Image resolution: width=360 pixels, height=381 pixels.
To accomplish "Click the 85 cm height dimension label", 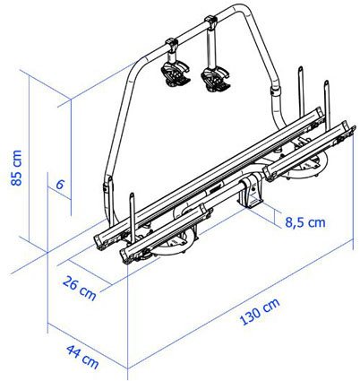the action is pyautogui.click(x=16, y=168).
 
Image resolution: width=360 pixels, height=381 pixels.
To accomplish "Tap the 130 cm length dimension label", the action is pyautogui.click(x=260, y=311).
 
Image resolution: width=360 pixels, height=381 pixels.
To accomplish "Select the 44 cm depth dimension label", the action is pyautogui.click(x=82, y=357).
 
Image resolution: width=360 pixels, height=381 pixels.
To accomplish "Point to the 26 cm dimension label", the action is pyautogui.click(x=80, y=289).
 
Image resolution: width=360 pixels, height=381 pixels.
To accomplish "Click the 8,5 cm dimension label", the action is pyautogui.click(x=305, y=222).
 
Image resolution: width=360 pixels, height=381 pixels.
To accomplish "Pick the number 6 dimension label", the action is pyautogui.click(x=60, y=185).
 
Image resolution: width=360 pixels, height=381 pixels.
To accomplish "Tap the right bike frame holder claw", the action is pyautogui.click(x=216, y=79).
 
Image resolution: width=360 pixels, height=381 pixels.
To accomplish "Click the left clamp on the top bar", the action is pyautogui.click(x=172, y=44).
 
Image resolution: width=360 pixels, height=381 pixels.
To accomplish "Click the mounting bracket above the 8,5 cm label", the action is pyautogui.click(x=250, y=194).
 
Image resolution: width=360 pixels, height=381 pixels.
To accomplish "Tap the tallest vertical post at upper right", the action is pyautogui.click(x=301, y=91).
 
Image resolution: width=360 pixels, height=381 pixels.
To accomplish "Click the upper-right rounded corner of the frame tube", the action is pyautogui.click(x=243, y=11).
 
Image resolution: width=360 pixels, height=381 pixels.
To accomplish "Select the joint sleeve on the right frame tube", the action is pyautogui.click(x=275, y=91).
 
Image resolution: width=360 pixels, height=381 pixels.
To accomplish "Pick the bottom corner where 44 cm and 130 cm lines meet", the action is pyautogui.click(x=128, y=368).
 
